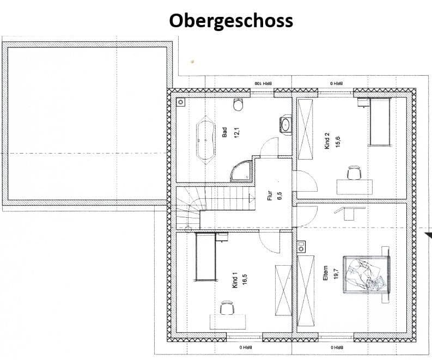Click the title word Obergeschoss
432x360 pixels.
pyautogui.click(x=230, y=20)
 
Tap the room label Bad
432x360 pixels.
pyautogui.click(x=224, y=132)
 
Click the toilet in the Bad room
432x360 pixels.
pyautogui.click(x=238, y=105)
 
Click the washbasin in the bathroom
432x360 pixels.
pyautogui.click(x=285, y=124)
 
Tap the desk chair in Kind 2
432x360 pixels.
pyautogui.click(x=354, y=173)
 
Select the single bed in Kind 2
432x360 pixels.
pyautogui.click(x=380, y=122)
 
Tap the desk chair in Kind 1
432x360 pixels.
pyautogui.click(x=228, y=308)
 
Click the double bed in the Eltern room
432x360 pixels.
pyautogui.click(x=366, y=274)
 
